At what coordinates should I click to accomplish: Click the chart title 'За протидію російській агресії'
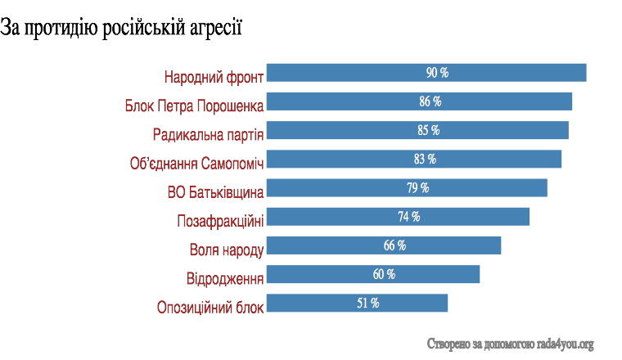(x=122, y=28)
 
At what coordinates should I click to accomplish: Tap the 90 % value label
(x=437, y=73)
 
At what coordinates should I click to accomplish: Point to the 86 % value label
(x=430, y=101)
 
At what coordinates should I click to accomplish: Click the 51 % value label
(x=367, y=303)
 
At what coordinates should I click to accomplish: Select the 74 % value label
(x=408, y=217)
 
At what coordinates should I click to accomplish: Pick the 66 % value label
(x=394, y=245)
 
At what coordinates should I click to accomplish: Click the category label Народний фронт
(x=214, y=78)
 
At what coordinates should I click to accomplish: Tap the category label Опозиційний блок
(x=210, y=308)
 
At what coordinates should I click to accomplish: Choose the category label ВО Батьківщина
(x=215, y=193)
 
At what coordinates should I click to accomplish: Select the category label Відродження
(x=225, y=279)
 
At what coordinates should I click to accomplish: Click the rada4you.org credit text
(x=510, y=344)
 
